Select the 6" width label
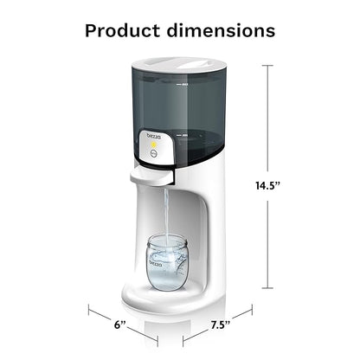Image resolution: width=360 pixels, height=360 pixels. tap(119, 325)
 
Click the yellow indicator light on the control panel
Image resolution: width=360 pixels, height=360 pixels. tap(151, 146)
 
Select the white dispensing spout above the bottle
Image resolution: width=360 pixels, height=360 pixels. tap(152, 176)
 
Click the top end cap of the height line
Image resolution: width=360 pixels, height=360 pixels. tap(267, 66)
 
